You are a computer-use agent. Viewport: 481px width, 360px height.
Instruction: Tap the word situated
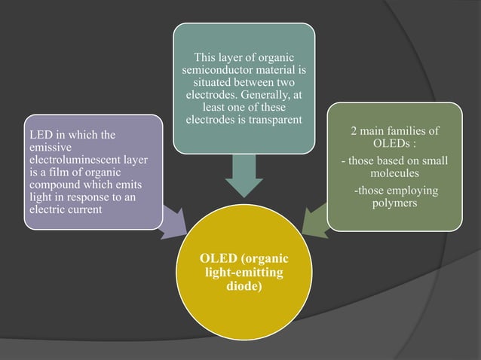216,82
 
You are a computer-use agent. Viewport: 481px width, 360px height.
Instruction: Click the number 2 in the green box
354,131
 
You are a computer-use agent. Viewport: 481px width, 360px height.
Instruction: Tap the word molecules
395,172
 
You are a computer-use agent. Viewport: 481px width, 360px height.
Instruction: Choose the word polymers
395,203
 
